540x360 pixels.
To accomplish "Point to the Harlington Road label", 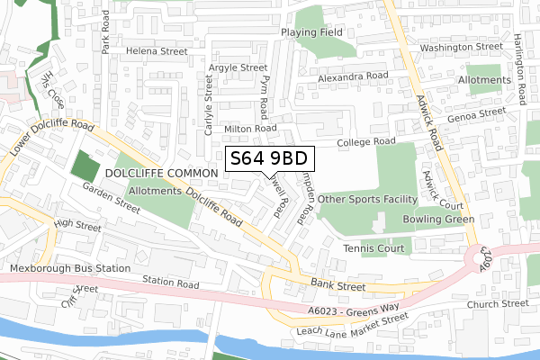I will (x=520, y=70).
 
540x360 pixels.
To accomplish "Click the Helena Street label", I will (x=156, y=52).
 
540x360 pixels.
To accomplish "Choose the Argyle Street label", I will (x=238, y=67).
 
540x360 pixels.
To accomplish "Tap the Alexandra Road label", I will (x=353, y=76).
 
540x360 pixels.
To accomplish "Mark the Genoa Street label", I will (x=479, y=115).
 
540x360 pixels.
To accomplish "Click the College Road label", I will (x=367, y=142).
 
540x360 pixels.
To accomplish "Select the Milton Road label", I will (x=250, y=129).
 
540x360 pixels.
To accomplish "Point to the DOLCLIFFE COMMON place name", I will (x=161, y=172).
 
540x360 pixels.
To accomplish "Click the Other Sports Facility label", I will (x=367, y=199).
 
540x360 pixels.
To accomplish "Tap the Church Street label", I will (x=492, y=303).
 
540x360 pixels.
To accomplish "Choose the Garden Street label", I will (x=111, y=198).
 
